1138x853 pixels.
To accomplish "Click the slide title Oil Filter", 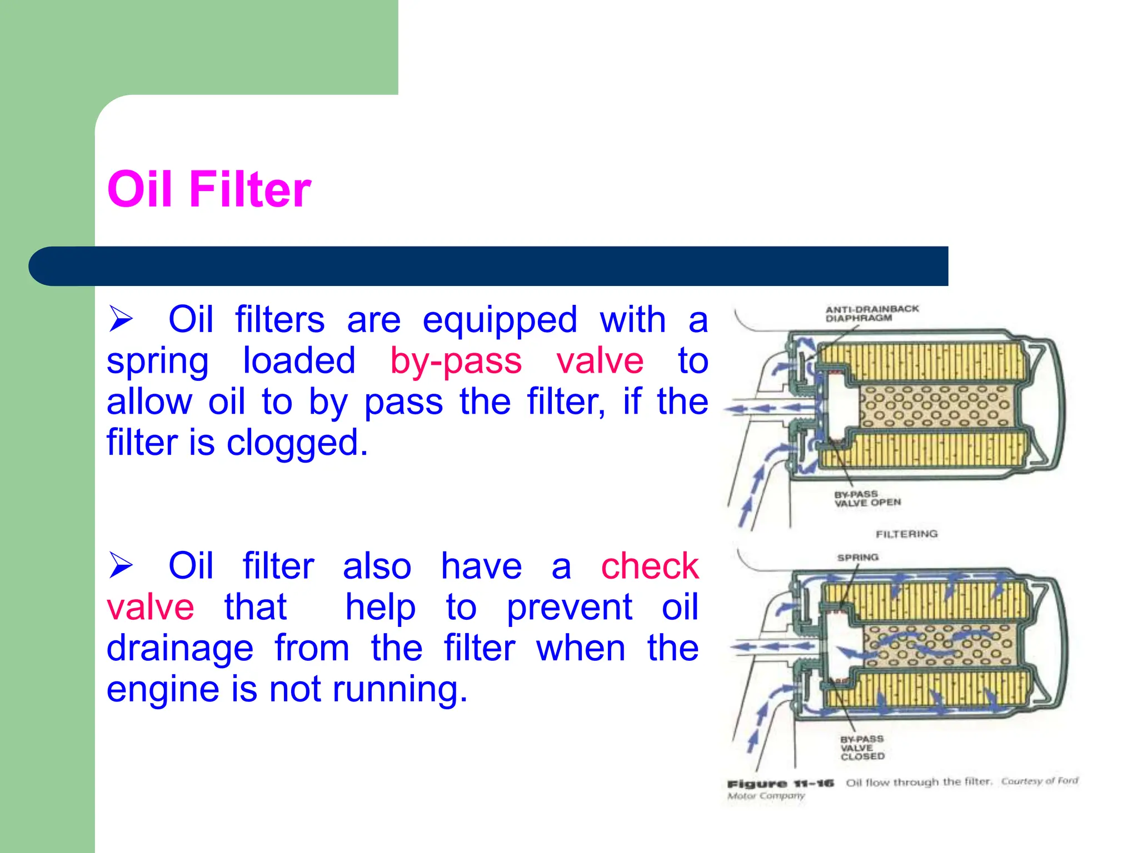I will click(x=209, y=190).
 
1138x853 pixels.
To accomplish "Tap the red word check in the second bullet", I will click(x=649, y=566).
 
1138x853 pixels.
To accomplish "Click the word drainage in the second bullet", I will click(x=180, y=649).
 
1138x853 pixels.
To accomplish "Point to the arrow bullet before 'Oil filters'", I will click(x=121, y=319).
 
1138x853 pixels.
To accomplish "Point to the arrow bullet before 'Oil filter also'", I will click(x=121, y=565).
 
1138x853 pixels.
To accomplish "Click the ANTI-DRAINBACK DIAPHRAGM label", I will click(x=871, y=313).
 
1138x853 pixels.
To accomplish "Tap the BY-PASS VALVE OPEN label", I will click(x=866, y=498).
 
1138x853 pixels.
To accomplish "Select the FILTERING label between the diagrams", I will click(x=906, y=534).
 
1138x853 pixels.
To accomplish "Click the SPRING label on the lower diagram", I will click(x=857, y=558).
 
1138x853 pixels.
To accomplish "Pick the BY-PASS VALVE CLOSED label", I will click(x=862, y=747).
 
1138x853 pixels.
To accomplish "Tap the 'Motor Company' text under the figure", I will click(x=766, y=796).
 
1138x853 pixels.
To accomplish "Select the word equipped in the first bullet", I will click(x=500, y=320).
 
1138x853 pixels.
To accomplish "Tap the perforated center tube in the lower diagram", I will click(x=939, y=646).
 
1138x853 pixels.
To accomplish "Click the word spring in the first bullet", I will click(x=157, y=362).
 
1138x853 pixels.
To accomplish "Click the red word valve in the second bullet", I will click(x=150, y=608).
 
